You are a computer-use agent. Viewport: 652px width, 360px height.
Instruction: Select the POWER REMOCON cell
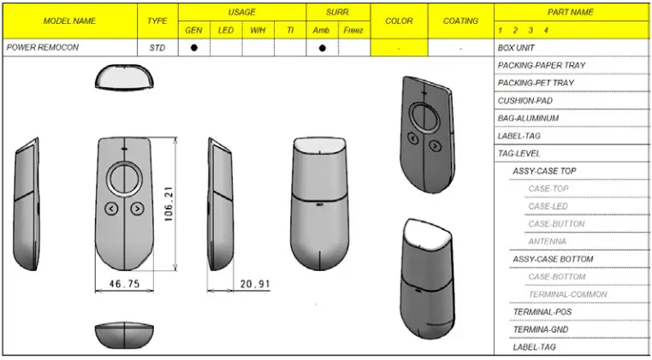43,48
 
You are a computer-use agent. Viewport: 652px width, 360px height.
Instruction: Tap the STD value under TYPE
157,48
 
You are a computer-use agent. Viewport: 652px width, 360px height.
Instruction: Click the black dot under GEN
193,48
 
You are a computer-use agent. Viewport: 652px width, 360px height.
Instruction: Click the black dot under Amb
322,48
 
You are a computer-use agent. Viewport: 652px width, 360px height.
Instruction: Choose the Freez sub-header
353,31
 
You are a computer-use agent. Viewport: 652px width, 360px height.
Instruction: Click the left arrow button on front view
111,208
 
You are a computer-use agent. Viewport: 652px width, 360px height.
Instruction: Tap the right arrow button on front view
137,208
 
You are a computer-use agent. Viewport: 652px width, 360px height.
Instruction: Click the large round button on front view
124,180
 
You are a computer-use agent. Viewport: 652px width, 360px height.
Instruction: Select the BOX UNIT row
516,48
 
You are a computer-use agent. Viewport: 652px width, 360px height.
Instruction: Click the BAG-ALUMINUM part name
528,118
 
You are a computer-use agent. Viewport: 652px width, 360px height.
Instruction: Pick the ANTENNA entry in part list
547,241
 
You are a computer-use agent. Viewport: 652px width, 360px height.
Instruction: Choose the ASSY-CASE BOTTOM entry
553,259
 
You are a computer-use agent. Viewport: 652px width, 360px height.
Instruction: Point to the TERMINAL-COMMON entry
567,294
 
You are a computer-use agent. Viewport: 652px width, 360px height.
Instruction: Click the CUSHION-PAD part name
525,100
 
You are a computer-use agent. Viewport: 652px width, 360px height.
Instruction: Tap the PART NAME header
572,13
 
